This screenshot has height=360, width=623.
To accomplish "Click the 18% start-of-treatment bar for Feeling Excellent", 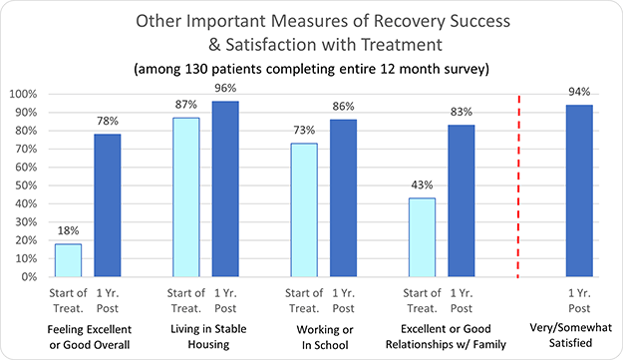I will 68,260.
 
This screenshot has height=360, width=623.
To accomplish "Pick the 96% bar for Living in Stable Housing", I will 225,189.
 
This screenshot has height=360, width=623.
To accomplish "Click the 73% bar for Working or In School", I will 304,210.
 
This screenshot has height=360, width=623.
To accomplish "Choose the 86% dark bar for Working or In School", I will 343,198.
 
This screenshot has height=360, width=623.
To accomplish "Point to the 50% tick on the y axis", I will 24,185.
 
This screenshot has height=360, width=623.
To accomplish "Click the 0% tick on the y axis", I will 28,277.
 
